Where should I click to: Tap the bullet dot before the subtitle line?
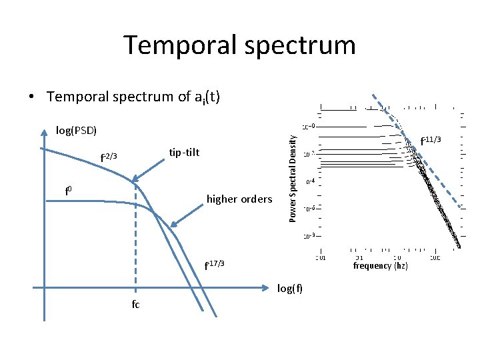pos(32,97)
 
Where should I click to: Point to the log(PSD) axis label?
pos(76,130)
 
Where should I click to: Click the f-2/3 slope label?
pos(108,157)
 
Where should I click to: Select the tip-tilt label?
pos(184,153)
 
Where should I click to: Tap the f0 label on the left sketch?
pos(68,193)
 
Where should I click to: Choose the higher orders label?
pos(239,199)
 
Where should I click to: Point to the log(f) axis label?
pos(290,288)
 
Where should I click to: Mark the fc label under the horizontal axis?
pos(135,304)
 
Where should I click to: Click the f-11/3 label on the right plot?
pos(431,140)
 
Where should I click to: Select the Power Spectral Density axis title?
pos(292,174)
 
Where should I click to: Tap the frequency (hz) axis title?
pos(381,265)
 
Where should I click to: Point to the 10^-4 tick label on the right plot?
pos(310,181)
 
